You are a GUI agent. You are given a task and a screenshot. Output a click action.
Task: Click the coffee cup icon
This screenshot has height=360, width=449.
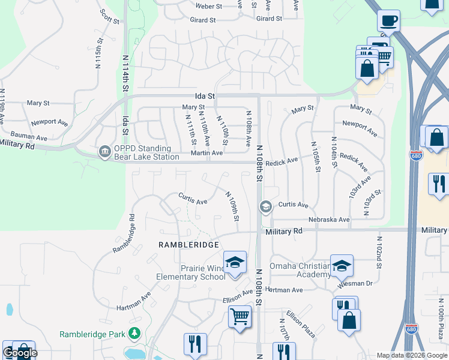[388, 21]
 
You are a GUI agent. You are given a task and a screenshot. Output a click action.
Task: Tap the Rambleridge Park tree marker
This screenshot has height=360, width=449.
[136, 333]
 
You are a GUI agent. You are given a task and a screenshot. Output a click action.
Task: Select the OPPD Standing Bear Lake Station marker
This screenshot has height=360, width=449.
[104, 151]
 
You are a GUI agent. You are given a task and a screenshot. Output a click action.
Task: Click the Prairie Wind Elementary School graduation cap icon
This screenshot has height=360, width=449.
[235, 263]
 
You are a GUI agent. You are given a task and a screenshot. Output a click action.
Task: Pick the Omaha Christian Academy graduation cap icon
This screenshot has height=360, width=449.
[342, 265]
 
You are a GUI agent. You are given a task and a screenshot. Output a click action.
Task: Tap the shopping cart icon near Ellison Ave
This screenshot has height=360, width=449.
[240, 316]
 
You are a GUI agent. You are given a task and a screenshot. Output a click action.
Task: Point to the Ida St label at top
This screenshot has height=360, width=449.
[205, 95]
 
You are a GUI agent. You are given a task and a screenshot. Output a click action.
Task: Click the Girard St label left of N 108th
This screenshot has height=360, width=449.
[203, 20]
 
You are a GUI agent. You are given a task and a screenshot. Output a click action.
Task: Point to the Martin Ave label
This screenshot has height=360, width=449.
[207, 154]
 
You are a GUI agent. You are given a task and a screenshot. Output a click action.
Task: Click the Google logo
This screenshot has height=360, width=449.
[20, 353]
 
